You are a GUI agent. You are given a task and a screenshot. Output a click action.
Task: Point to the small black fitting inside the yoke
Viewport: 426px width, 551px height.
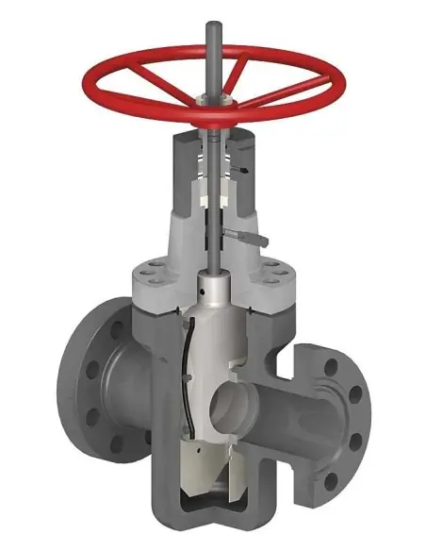pos(243,170)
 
